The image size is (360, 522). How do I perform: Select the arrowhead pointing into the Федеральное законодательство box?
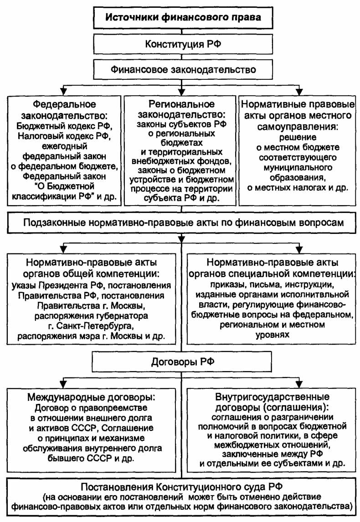coord(64,89)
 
